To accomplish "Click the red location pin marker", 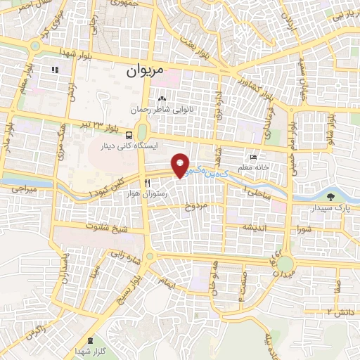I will tap(181, 165).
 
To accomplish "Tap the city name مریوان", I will tap(146, 71).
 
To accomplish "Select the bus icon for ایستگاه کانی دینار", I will tap(128, 135).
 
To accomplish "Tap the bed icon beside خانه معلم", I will tap(253, 157).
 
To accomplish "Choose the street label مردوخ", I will tap(196, 207).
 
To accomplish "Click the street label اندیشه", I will tap(254, 228).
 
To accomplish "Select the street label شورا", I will tap(303, 229).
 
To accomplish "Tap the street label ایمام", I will tap(168, 281).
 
